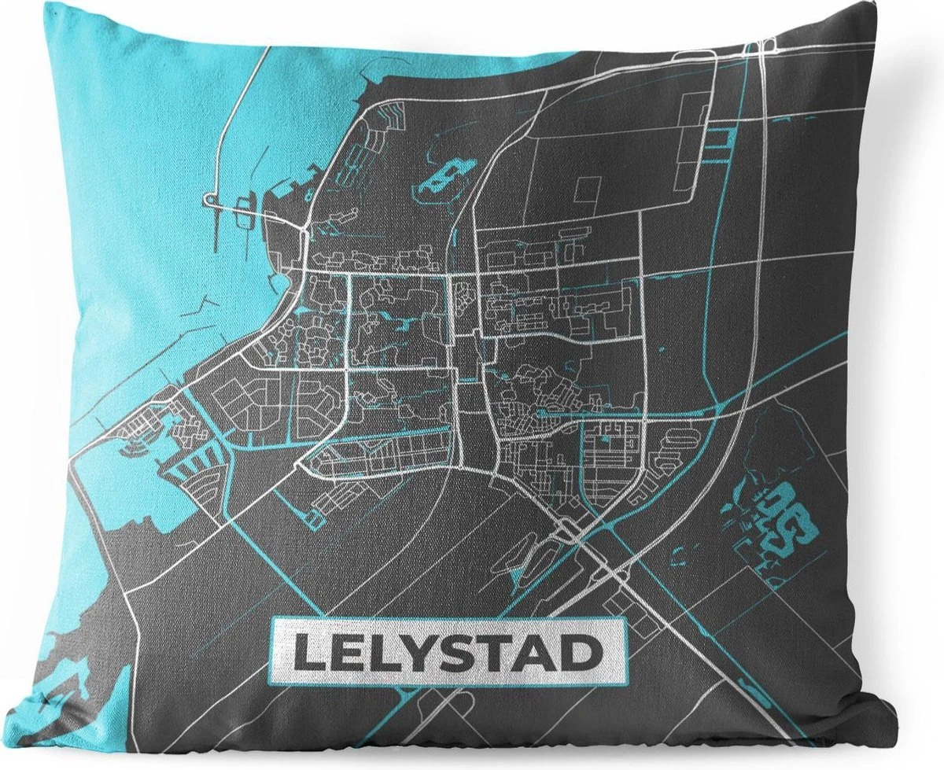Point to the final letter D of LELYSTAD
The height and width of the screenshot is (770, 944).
point(578,652)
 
